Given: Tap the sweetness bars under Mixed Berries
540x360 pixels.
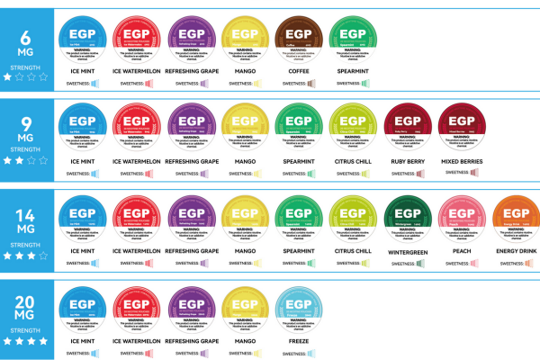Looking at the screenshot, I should [x=475, y=173].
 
